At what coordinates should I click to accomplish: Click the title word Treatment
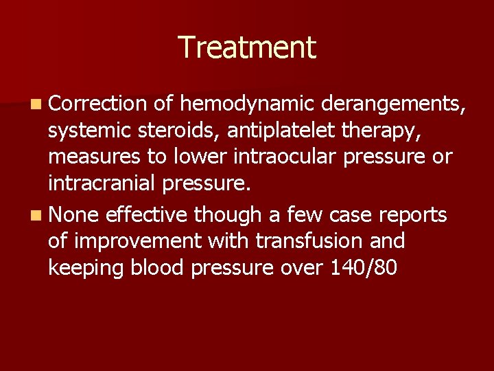pos(247,47)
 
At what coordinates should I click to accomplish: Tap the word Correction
pos(98,104)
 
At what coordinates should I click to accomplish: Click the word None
pos(75,215)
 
